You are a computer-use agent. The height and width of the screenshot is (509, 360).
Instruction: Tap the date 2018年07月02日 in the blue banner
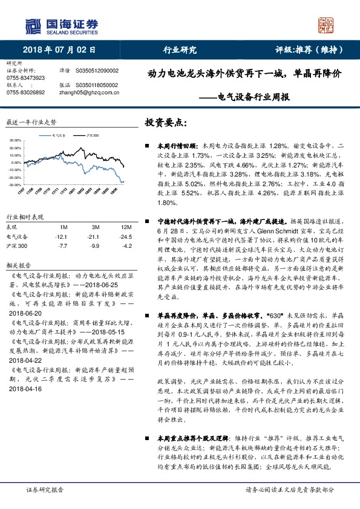pos(61,50)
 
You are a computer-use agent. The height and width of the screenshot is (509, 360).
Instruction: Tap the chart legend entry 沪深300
pos(91,137)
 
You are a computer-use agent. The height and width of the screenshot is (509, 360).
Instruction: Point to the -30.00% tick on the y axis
pos(16,184)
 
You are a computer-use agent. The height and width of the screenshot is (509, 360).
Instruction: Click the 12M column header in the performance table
pos(110,227)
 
